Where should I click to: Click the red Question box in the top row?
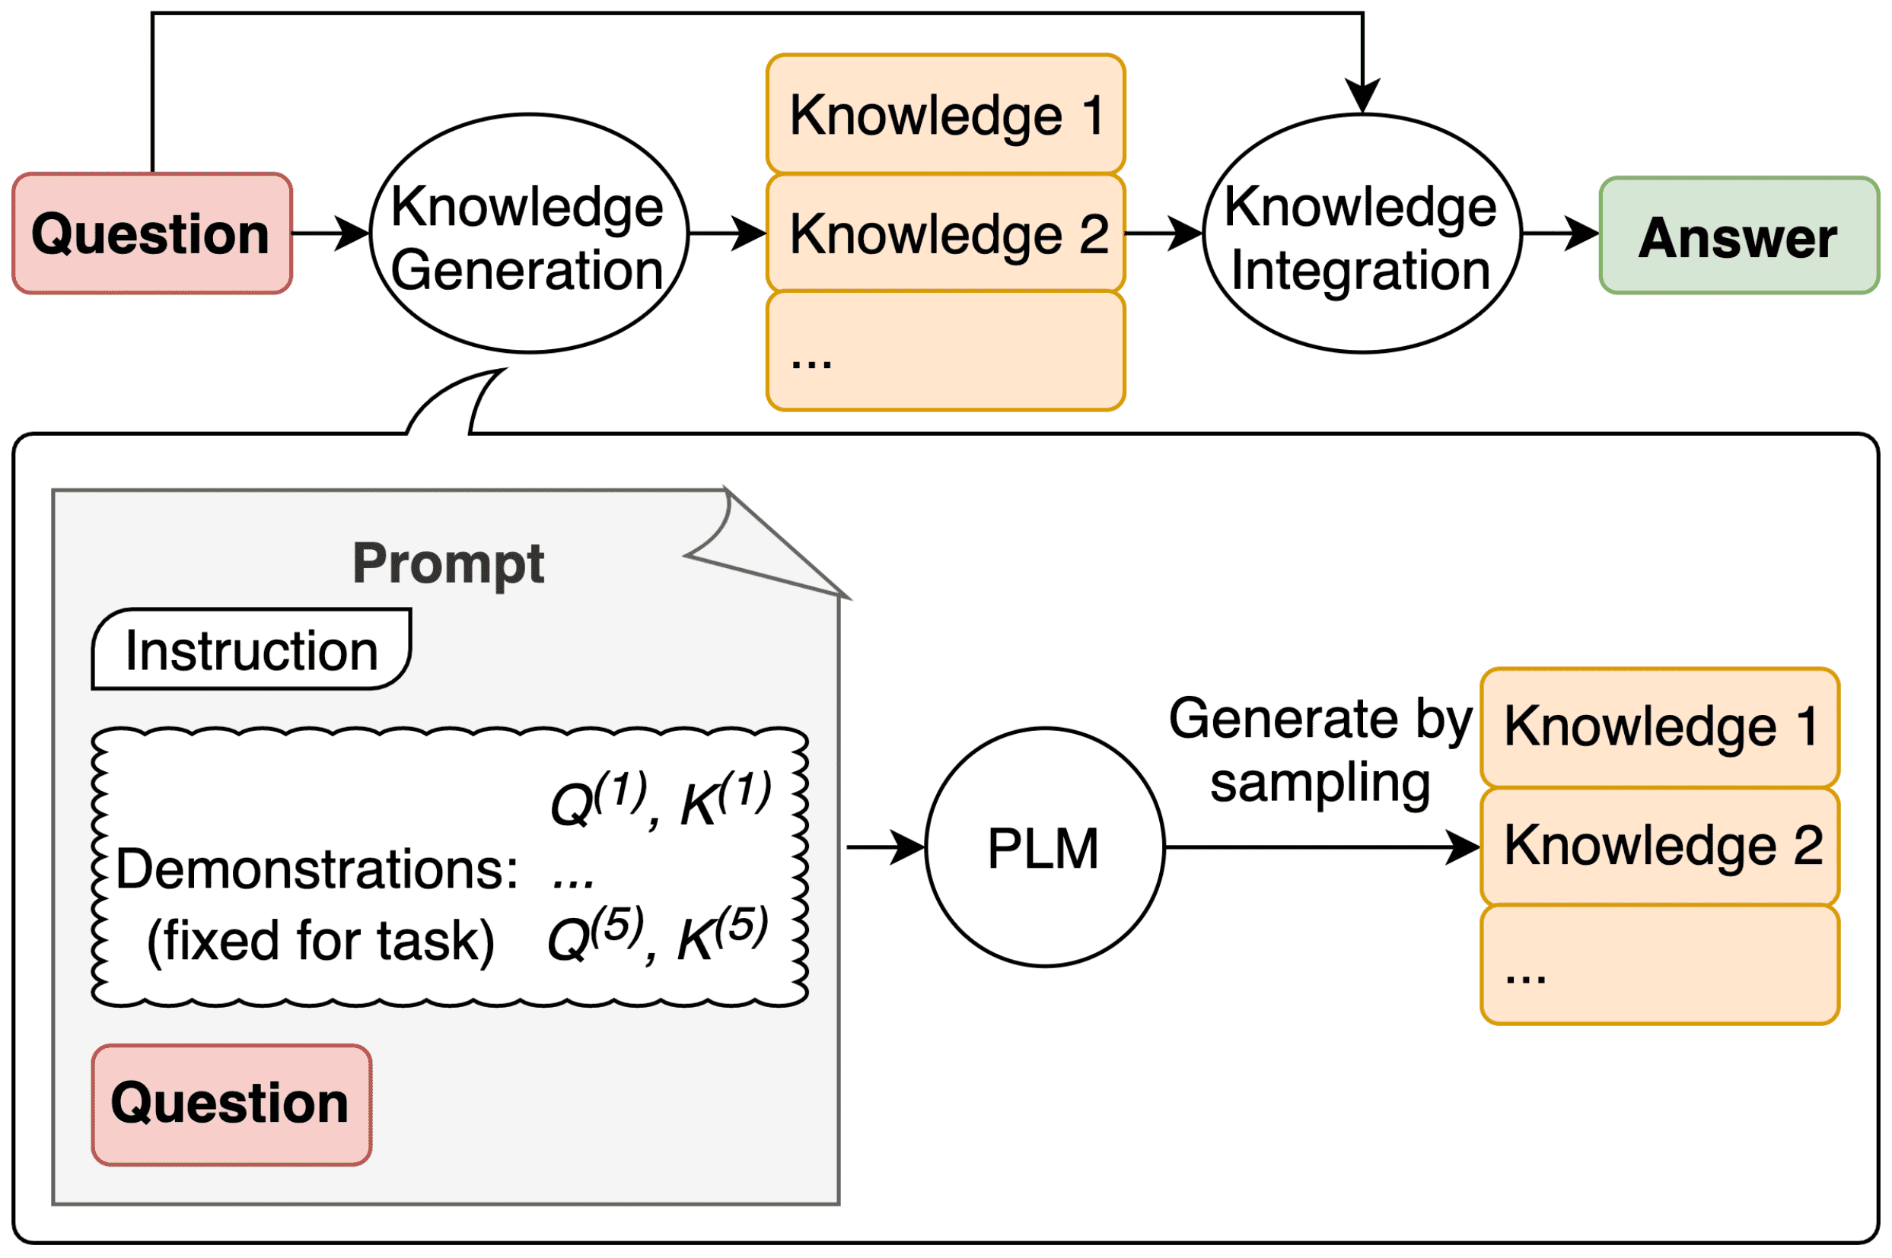(151, 233)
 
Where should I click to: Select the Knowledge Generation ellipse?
(529, 233)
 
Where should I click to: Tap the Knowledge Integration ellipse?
(1362, 233)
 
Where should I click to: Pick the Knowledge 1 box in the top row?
(944, 115)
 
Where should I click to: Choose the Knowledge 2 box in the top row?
(944, 233)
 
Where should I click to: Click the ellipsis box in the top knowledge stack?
(944, 351)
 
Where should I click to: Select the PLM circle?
(1043, 847)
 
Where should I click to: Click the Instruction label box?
(251, 650)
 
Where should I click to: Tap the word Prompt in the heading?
(448, 564)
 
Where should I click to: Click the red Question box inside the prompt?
(231, 1104)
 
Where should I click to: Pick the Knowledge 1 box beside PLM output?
(1659, 727)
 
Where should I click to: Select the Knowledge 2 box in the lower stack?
(1659, 846)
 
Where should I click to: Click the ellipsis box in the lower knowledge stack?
(1659, 965)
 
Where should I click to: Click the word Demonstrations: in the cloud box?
(317, 869)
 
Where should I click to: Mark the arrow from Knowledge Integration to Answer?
(1559, 233)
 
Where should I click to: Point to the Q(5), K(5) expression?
(657, 935)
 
